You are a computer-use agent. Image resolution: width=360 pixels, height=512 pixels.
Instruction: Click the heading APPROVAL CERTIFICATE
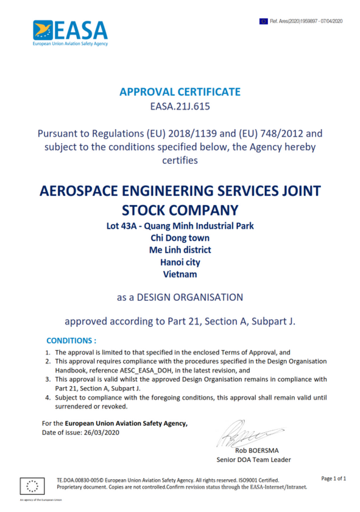pyautogui.click(x=180, y=92)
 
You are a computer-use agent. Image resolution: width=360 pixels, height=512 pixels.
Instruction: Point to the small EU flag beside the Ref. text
pyautogui.click(x=264, y=21)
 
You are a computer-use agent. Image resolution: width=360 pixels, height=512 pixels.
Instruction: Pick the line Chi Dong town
pyautogui.click(x=180, y=238)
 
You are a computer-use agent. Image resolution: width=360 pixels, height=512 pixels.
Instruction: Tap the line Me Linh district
pyautogui.click(x=180, y=250)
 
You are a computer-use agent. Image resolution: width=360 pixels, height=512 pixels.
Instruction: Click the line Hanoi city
pyautogui.click(x=180, y=262)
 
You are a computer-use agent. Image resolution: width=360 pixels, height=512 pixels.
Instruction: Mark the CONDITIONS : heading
pyautogui.click(x=72, y=340)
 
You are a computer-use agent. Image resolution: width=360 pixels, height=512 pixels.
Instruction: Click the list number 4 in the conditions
pyautogui.click(x=48, y=398)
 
